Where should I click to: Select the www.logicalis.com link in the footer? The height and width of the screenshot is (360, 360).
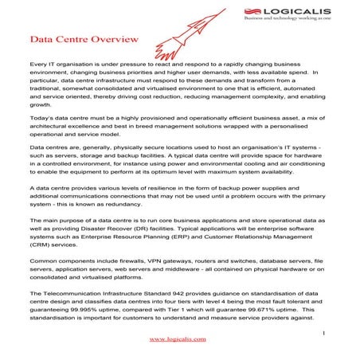[x=178, y=338]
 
